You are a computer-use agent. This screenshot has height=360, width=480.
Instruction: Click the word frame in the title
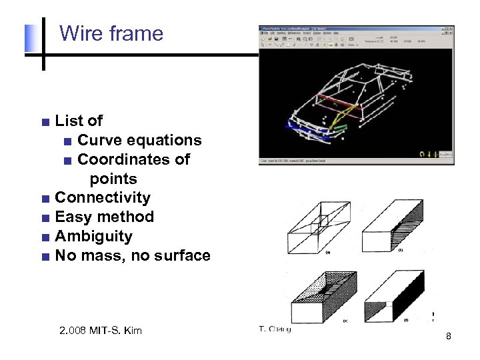tap(136, 33)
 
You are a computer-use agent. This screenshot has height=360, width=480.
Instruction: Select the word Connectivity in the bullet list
tap(103, 198)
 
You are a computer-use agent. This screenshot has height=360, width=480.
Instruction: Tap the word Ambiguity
tap(93, 237)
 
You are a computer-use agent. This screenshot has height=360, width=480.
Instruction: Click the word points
tap(113, 179)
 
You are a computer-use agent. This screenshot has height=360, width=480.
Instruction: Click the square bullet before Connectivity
tap(45, 199)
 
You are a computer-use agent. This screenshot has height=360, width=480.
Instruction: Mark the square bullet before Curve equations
tap(67, 141)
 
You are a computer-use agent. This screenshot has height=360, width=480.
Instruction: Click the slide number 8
tap(449, 337)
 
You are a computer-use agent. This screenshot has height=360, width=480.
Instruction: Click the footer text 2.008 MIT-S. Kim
tap(100, 331)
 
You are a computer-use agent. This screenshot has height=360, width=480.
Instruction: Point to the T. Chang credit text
tap(275, 329)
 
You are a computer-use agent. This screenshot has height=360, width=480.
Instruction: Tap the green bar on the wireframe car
tap(340, 126)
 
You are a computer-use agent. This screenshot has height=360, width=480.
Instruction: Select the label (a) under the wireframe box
tap(327, 253)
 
